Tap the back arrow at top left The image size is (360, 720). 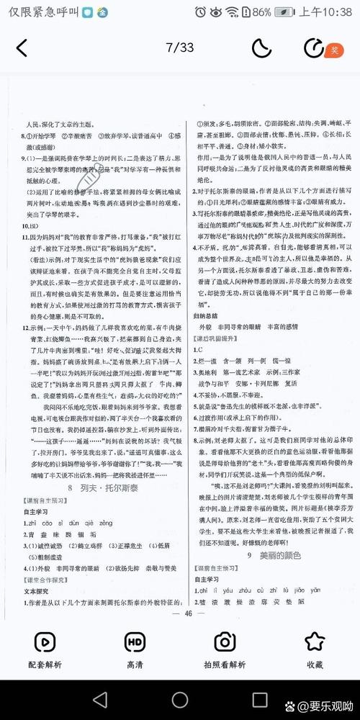tap(22, 48)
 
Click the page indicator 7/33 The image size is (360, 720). tap(180, 48)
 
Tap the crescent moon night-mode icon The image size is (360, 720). tap(261, 48)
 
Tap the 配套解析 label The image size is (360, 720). tap(45, 664)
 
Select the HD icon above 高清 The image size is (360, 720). tap(135, 641)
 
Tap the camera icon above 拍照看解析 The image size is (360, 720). tap(225, 641)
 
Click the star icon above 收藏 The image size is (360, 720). tap(315, 641)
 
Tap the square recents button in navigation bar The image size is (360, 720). tap(260, 699)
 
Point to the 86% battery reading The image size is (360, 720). tap(262, 12)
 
